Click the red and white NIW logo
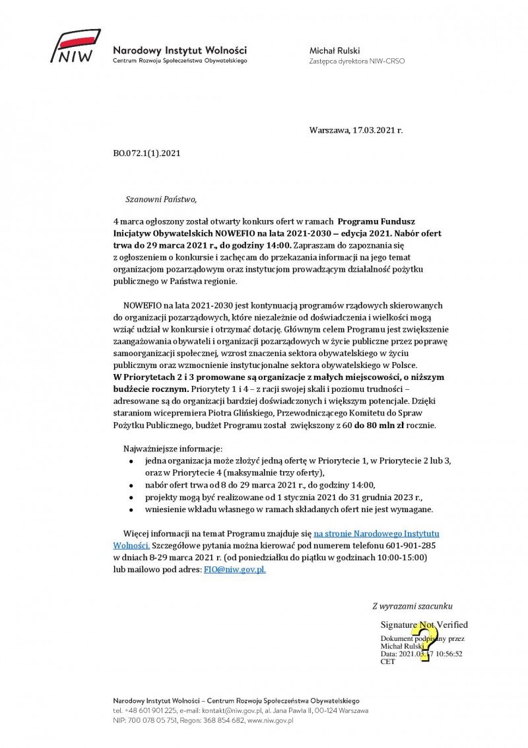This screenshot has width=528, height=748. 77,49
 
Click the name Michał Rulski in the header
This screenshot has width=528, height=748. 335,50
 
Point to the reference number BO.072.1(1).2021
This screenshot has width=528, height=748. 147,153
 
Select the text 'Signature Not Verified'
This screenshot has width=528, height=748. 424,624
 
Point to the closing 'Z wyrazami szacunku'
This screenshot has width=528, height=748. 412,605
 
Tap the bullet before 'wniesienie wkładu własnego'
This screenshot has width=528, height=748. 131,510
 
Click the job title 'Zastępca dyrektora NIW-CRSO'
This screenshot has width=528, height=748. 357,61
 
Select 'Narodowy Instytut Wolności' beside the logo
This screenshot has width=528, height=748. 180,50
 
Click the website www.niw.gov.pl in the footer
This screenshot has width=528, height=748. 270,720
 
